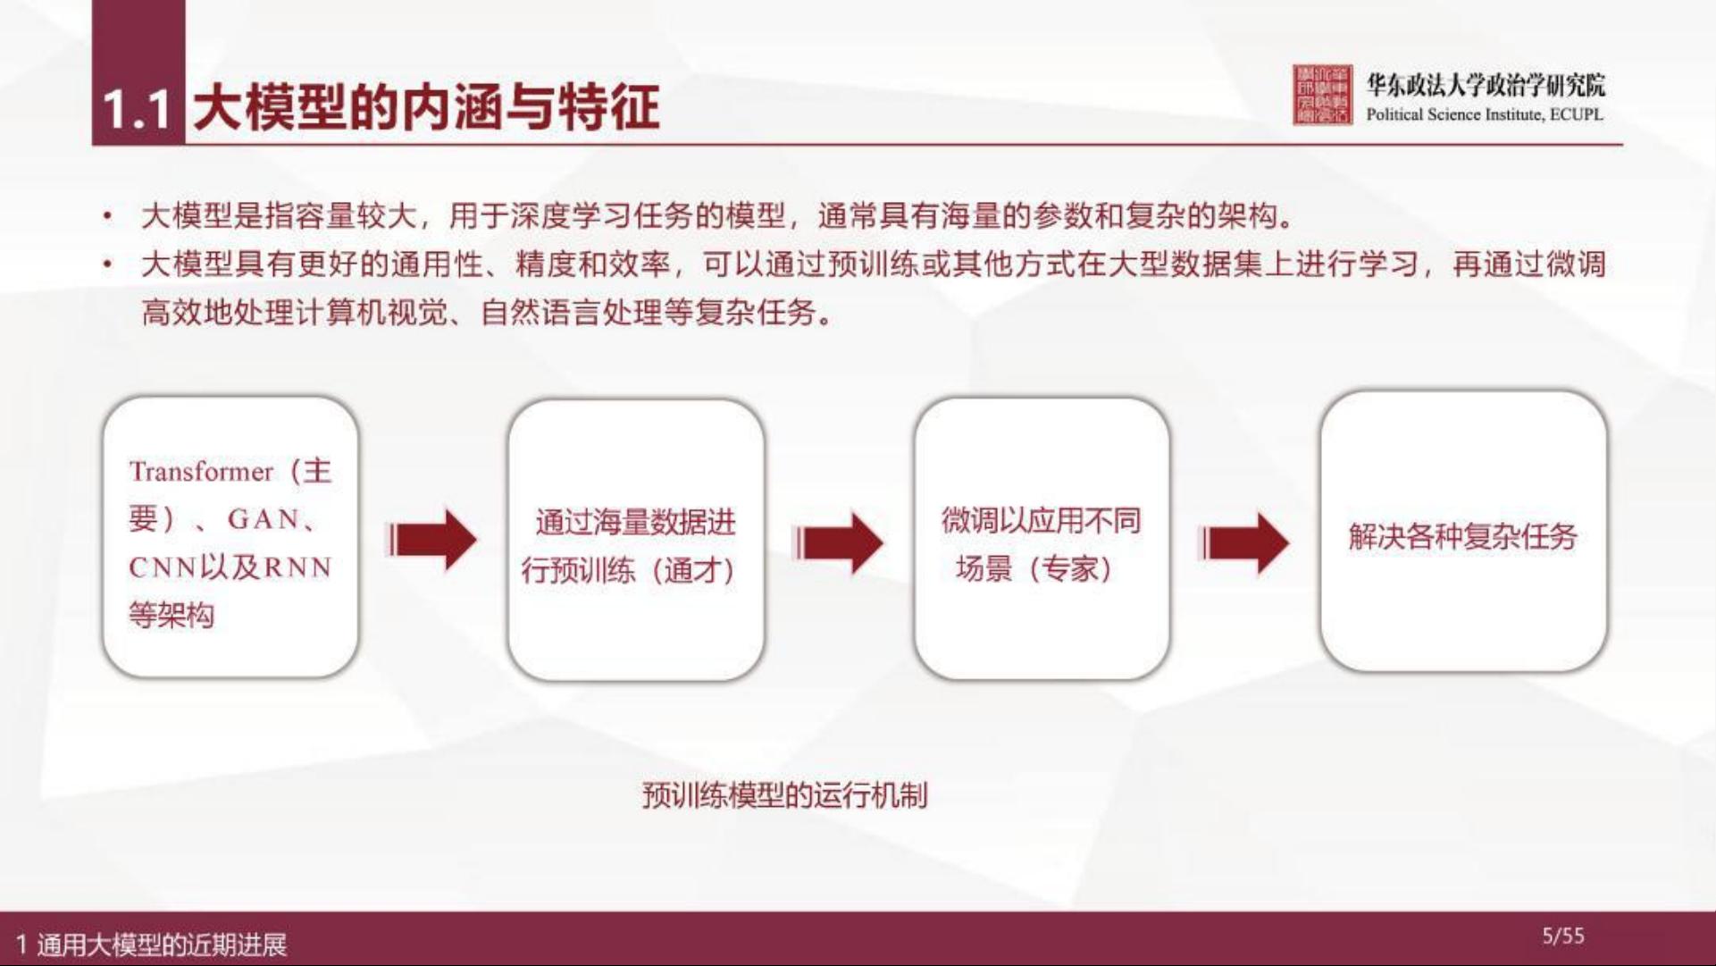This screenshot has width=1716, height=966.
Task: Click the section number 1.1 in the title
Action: tap(137, 109)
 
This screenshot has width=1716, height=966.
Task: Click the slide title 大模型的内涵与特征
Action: tap(426, 107)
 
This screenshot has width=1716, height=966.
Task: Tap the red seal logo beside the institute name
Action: tap(1322, 95)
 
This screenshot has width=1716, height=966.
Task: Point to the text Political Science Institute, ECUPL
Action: tap(1485, 114)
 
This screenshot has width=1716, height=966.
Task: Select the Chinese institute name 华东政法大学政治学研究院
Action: tap(1486, 85)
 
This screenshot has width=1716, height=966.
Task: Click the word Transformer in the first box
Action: tap(201, 471)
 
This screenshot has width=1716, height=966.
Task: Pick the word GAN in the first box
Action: tap(264, 519)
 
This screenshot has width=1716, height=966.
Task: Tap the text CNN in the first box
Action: tap(163, 567)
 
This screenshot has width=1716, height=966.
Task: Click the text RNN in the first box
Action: tap(297, 567)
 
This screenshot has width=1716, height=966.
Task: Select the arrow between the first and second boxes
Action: tap(432, 540)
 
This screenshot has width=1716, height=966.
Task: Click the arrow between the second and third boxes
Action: tap(838, 542)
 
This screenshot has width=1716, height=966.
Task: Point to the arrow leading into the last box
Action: tap(1243, 542)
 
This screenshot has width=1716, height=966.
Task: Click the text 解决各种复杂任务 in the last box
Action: tap(1463, 536)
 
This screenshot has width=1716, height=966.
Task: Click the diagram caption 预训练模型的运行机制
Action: tap(785, 794)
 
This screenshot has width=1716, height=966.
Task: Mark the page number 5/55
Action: tap(1563, 936)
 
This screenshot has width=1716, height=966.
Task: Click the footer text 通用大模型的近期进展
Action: tap(162, 945)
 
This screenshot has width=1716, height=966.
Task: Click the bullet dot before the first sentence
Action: tap(108, 216)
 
